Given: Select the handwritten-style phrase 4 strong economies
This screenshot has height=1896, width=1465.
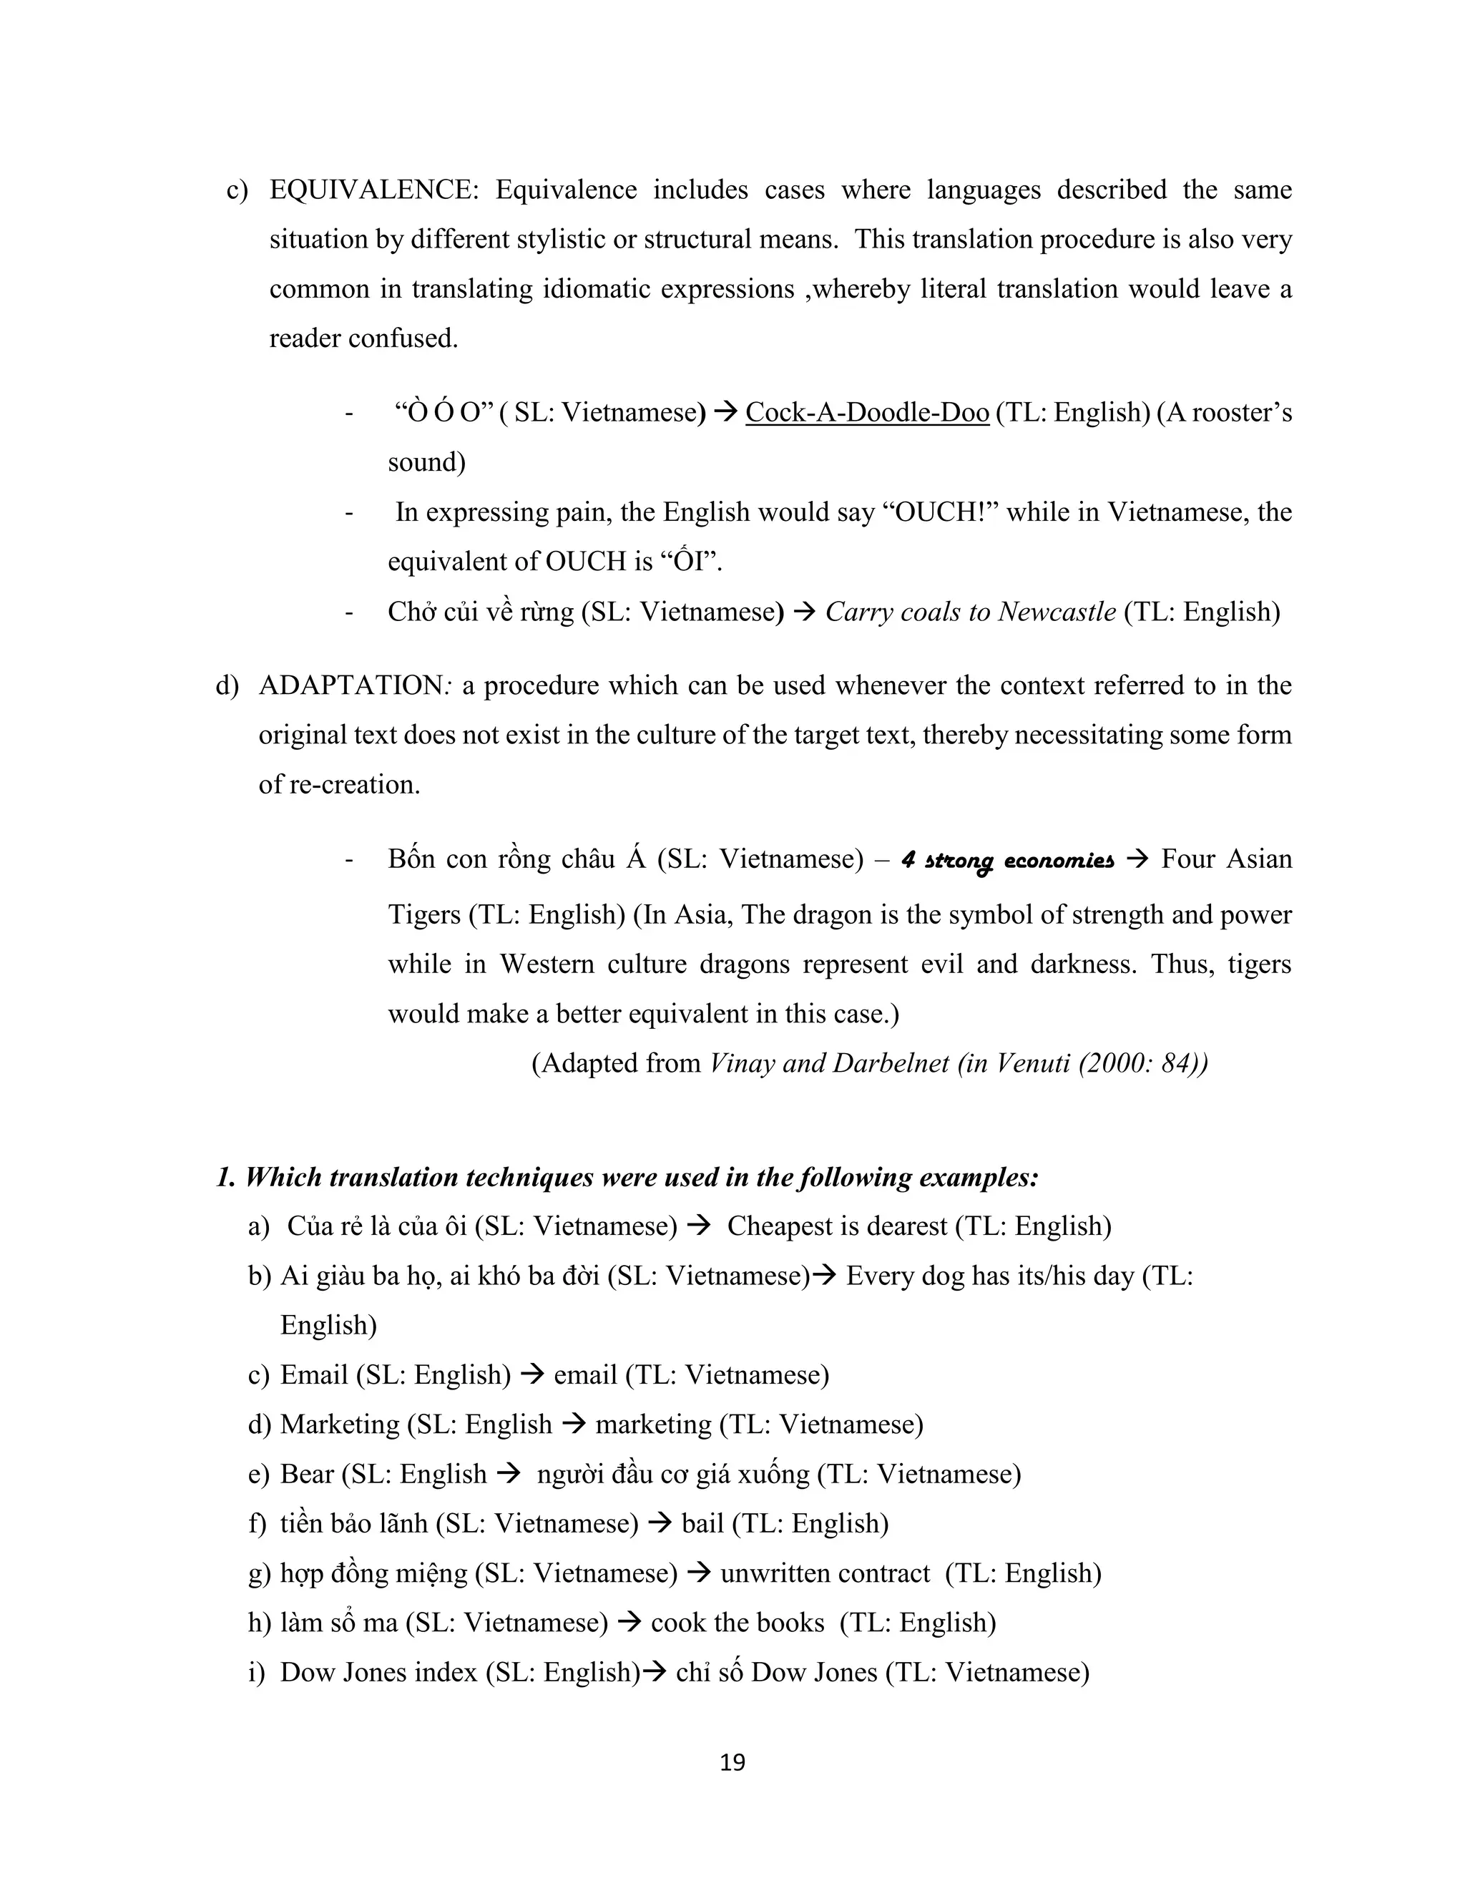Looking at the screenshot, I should pyautogui.click(x=1006, y=860).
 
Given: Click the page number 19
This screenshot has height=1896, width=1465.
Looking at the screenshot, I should pyautogui.click(x=732, y=1762).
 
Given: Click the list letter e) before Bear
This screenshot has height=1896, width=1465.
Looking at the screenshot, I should pyautogui.click(x=259, y=1473).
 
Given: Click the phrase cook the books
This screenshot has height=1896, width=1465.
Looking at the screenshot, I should pyautogui.click(x=737, y=1622).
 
